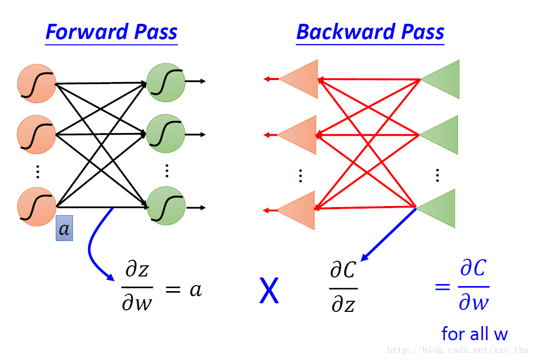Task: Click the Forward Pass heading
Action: [111, 32]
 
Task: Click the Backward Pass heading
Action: [370, 32]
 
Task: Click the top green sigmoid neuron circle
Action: [166, 82]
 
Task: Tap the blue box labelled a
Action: [64, 228]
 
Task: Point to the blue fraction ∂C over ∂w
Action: [474, 286]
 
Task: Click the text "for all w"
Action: [474, 334]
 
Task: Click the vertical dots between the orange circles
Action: [37, 172]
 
